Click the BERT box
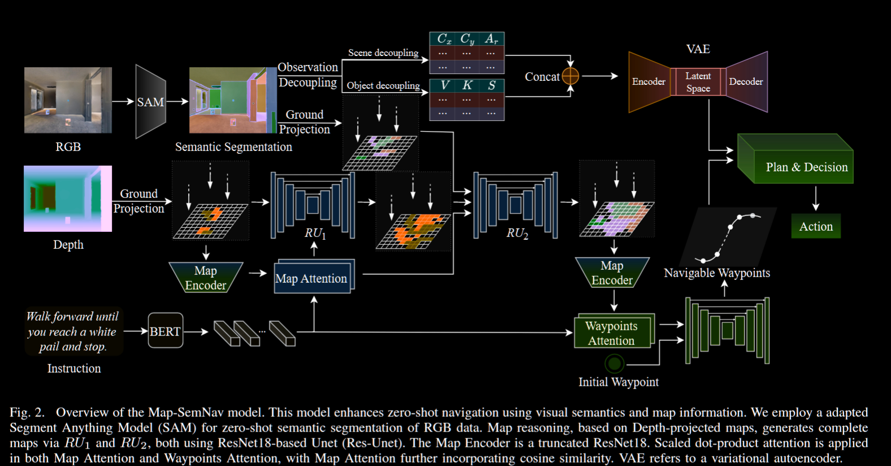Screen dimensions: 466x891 [165, 331]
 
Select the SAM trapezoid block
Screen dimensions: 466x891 [150, 102]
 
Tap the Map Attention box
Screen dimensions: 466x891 [312, 278]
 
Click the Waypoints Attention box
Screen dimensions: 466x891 [612, 333]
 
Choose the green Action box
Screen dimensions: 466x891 [815, 226]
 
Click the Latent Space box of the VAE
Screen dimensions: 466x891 [698, 82]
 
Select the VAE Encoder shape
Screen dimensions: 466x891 [649, 82]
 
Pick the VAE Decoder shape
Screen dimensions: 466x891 [746, 82]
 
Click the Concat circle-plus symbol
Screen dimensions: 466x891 [571, 76]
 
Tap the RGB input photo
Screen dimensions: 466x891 [68, 100]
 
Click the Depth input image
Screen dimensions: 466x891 [68, 199]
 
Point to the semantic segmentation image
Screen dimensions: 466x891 [233, 100]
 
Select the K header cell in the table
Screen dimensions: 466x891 [467, 85]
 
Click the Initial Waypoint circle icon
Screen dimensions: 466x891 [614, 363]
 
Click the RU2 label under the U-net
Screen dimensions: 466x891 [518, 233]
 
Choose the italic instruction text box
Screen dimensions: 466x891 [73, 331]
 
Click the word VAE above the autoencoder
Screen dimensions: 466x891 [698, 49]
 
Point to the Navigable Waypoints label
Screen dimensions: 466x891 [716, 273]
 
